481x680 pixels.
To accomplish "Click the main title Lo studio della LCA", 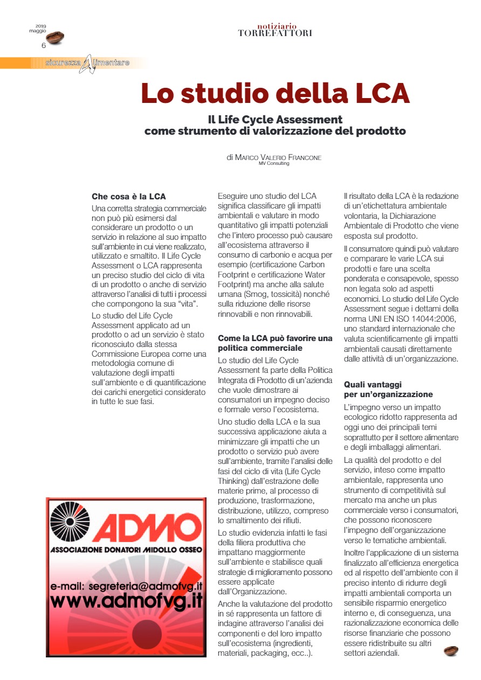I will point(275,93).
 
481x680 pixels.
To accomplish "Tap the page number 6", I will point(44,45).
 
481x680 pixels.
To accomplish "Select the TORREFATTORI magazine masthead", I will point(275,33).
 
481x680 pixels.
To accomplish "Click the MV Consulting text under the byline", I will point(274,163).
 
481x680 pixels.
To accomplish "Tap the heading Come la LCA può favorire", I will point(275,338).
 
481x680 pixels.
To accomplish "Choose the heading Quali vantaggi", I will point(374,385).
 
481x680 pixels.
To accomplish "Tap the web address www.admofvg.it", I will point(126,601).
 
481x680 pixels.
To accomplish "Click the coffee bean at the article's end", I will point(451,651).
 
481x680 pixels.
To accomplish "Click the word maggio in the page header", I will point(38,31).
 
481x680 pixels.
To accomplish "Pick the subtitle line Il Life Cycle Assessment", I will point(275,120).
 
